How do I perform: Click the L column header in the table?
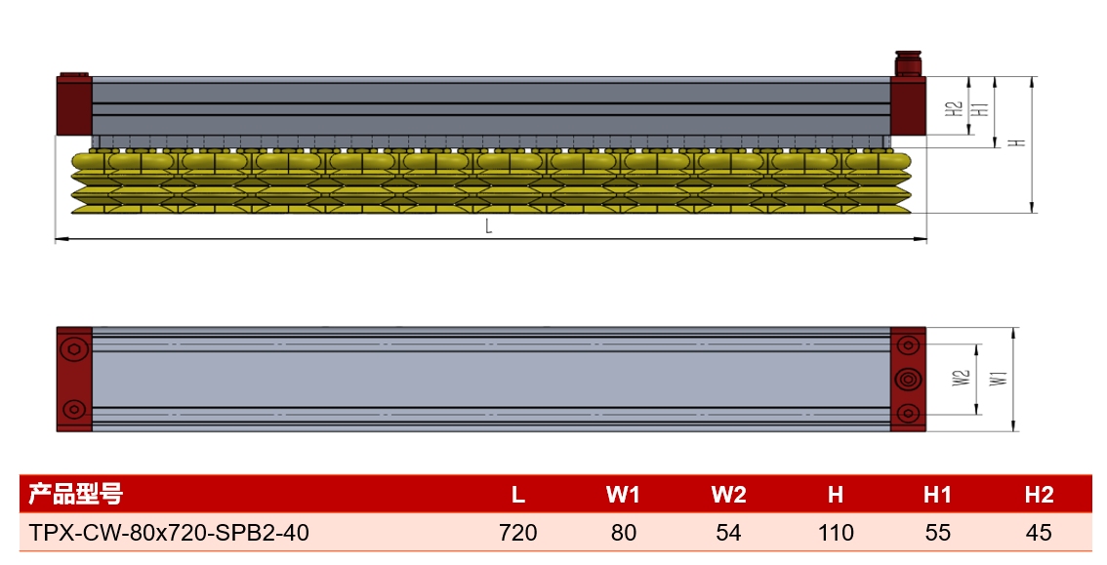click(x=518, y=495)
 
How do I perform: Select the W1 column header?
click(x=623, y=495)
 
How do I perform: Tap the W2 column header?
click(x=728, y=495)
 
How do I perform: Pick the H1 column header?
click(x=937, y=495)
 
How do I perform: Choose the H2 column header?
click(x=1040, y=495)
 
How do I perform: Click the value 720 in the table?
click(x=518, y=532)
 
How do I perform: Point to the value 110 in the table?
click(x=836, y=532)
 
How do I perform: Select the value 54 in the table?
click(x=728, y=532)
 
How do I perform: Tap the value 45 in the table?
click(x=1040, y=532)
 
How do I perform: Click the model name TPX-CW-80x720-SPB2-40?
click(x=169, y=532)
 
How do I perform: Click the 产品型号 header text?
click(x=75, y=494)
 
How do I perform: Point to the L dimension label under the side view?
click(x=488, y=226)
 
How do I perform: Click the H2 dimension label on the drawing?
click(x=955, y=108)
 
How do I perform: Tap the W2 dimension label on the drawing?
click(x=962, y=378)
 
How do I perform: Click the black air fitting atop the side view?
click(x=908, y=63)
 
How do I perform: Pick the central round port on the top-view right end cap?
click(x=908, y=380)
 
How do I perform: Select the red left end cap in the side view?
click(x=74, y=105)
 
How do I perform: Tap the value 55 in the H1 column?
click(x=937, y=532)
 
